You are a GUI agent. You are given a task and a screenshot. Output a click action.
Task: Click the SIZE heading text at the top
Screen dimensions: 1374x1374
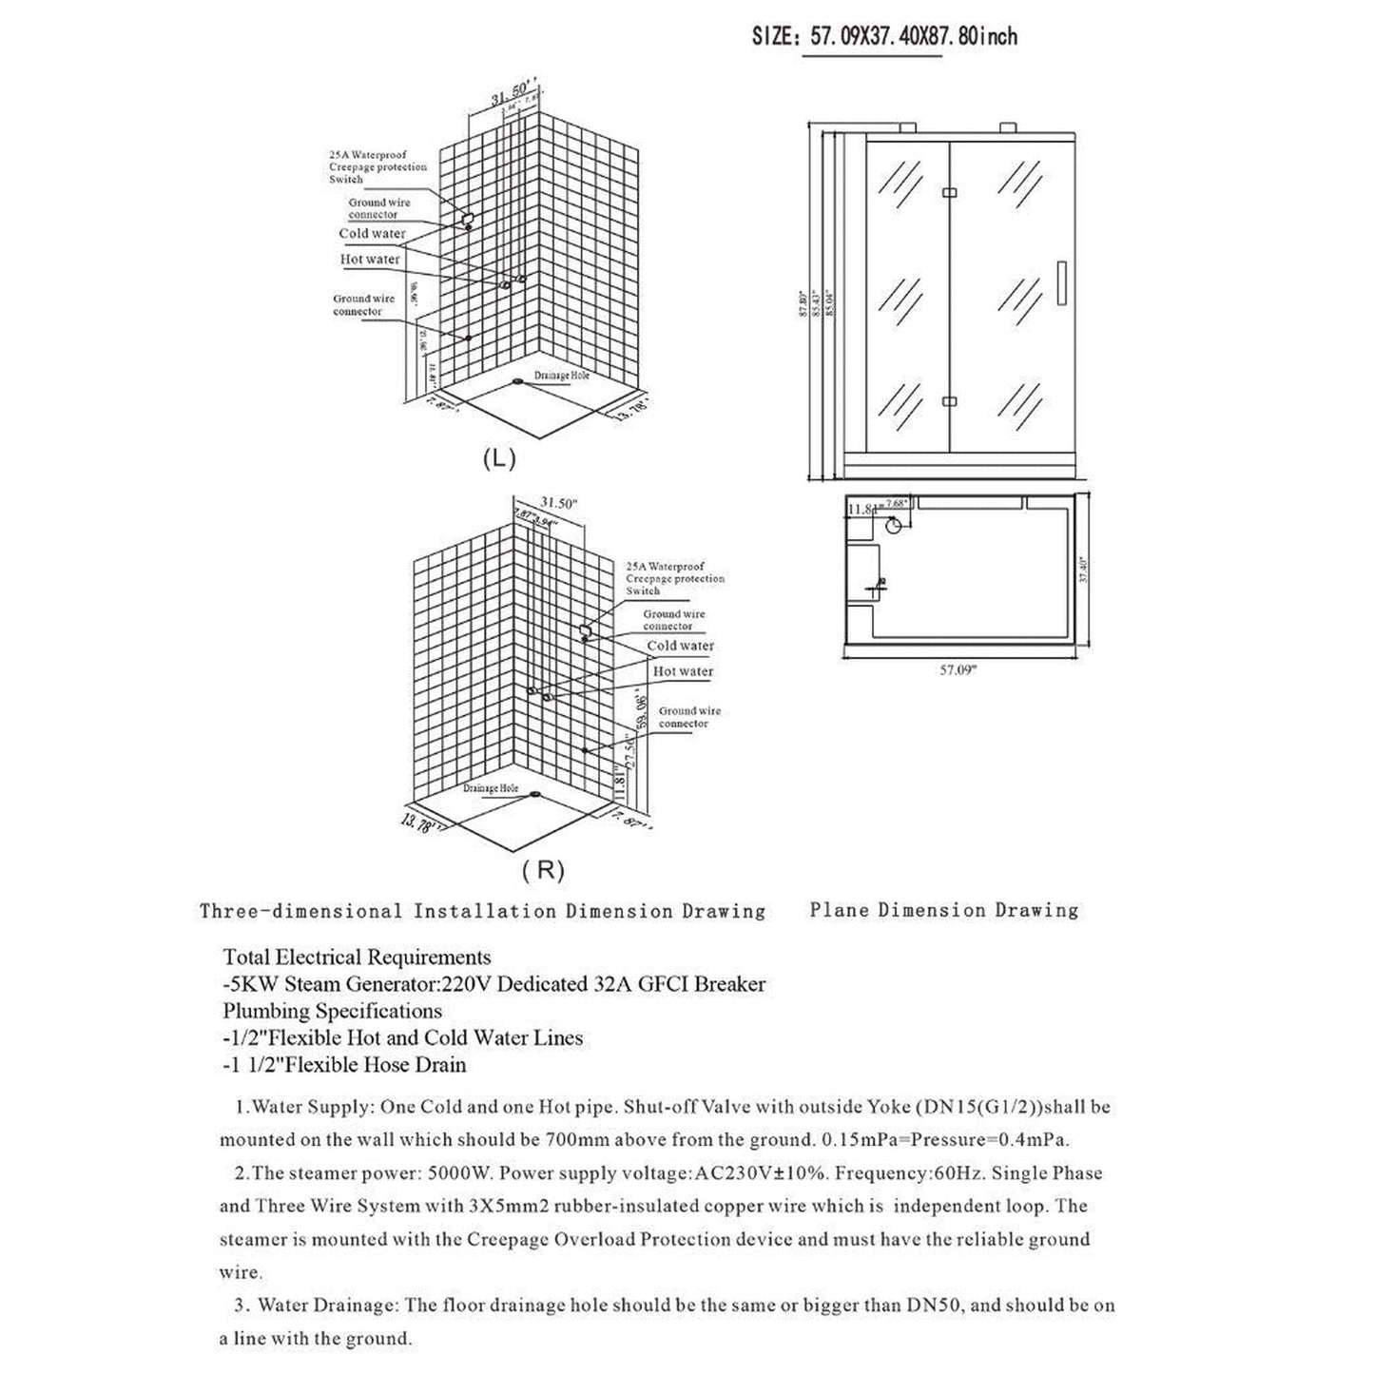click(884, 36)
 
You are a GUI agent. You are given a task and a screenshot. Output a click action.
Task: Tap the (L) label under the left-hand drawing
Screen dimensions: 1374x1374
click(498, 458)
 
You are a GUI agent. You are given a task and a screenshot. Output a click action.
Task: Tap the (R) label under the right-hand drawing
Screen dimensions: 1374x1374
click(543, 868)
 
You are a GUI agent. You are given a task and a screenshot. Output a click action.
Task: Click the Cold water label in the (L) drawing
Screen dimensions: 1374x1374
click(372, 234)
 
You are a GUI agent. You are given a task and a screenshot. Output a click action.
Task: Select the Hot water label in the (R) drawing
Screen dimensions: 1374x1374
click(683, 671)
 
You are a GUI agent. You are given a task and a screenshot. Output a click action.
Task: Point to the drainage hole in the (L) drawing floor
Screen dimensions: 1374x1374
click(518, 381)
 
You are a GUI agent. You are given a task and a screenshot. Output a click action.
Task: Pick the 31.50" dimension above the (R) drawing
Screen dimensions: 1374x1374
click(558, 503)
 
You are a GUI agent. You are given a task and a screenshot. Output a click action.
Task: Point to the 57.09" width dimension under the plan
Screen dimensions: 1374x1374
click(958, 669)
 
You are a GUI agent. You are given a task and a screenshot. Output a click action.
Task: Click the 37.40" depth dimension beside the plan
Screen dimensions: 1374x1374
click(1084, 572)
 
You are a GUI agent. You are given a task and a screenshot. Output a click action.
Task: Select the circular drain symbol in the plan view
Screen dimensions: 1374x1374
click(895, 526)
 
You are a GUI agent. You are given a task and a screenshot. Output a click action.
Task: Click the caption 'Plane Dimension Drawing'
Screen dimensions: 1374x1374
click(943, 910)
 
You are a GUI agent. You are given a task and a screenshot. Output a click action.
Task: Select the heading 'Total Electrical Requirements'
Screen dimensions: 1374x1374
click(357, 957)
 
